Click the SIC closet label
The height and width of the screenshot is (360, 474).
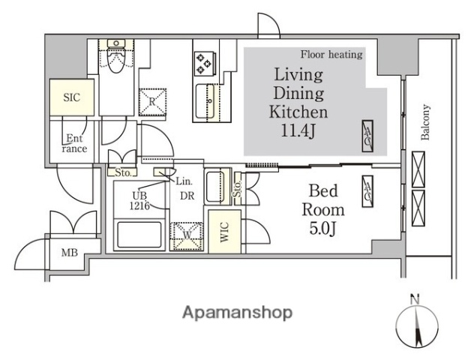(x=72, y=97)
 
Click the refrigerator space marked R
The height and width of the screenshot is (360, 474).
(x=152, y=102)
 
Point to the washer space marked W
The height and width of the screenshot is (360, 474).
(x=186, y=236)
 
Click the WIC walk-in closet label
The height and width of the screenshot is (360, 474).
(x=224, y=232)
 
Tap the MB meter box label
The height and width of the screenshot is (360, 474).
(x=70, y=253)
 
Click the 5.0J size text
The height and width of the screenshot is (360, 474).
(x=323, y=229)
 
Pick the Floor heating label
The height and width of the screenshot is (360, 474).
(x=331, y=55)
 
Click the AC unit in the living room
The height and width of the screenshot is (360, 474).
(x=367, y=136)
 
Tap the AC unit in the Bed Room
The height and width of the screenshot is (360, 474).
(x=367, y=192)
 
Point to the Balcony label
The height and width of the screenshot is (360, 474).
(x=425, y=122)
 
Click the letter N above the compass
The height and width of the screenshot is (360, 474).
(x=415, y=300)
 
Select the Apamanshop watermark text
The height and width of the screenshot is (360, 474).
(x=237, y=313)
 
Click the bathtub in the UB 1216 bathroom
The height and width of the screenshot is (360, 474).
(x=139, y=235)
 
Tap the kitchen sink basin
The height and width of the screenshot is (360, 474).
(x=205, y=101)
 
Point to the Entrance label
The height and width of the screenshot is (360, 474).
(x=74, y=143)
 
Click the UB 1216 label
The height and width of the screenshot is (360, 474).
(x=139, y=200)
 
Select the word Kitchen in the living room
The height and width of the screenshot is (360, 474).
(x=298, y=112)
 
